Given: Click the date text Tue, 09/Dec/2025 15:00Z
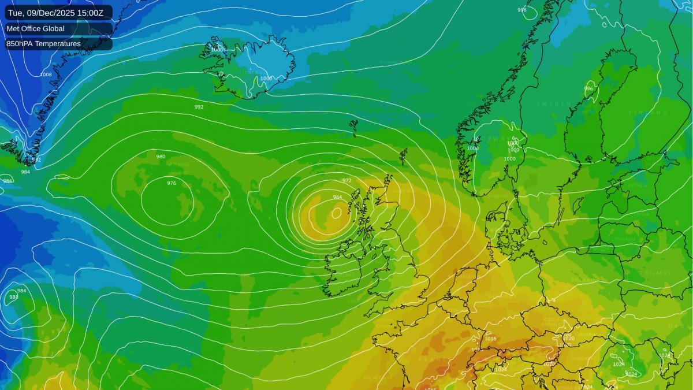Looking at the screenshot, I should [x=59, y=13].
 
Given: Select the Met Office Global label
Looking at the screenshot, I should [x=35, y=28].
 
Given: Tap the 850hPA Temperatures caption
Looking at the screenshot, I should [x=43, y=43].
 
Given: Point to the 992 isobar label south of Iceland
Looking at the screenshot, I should [x=199, y=107].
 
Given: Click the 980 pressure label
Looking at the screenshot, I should [x=161, y=157].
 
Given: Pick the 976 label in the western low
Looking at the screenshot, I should [x=172, y=183].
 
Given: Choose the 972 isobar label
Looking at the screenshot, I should [x=346, y=180].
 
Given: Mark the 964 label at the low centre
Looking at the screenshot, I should [x=337, y=197].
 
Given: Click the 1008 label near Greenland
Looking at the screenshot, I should [x=46, y=75].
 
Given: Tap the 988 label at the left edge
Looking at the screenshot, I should [x=13, y=297].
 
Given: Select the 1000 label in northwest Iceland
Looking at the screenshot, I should [x=217, y=50].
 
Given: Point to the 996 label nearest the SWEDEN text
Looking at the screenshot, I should [x=588, y=88].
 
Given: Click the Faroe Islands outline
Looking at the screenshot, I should [x=353, y=125].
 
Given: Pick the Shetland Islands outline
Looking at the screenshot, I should [x=403, y=155].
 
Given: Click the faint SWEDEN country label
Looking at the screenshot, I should [x=553, y=104].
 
